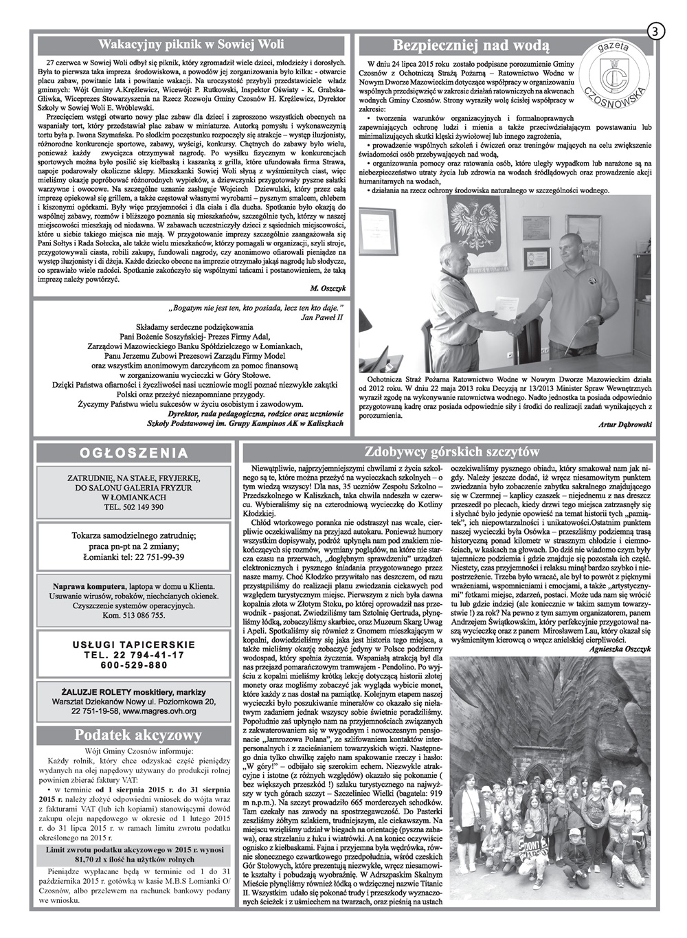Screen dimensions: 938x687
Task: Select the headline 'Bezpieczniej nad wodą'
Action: pos(470,46)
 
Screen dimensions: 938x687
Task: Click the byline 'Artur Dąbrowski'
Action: pos(619,425)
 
